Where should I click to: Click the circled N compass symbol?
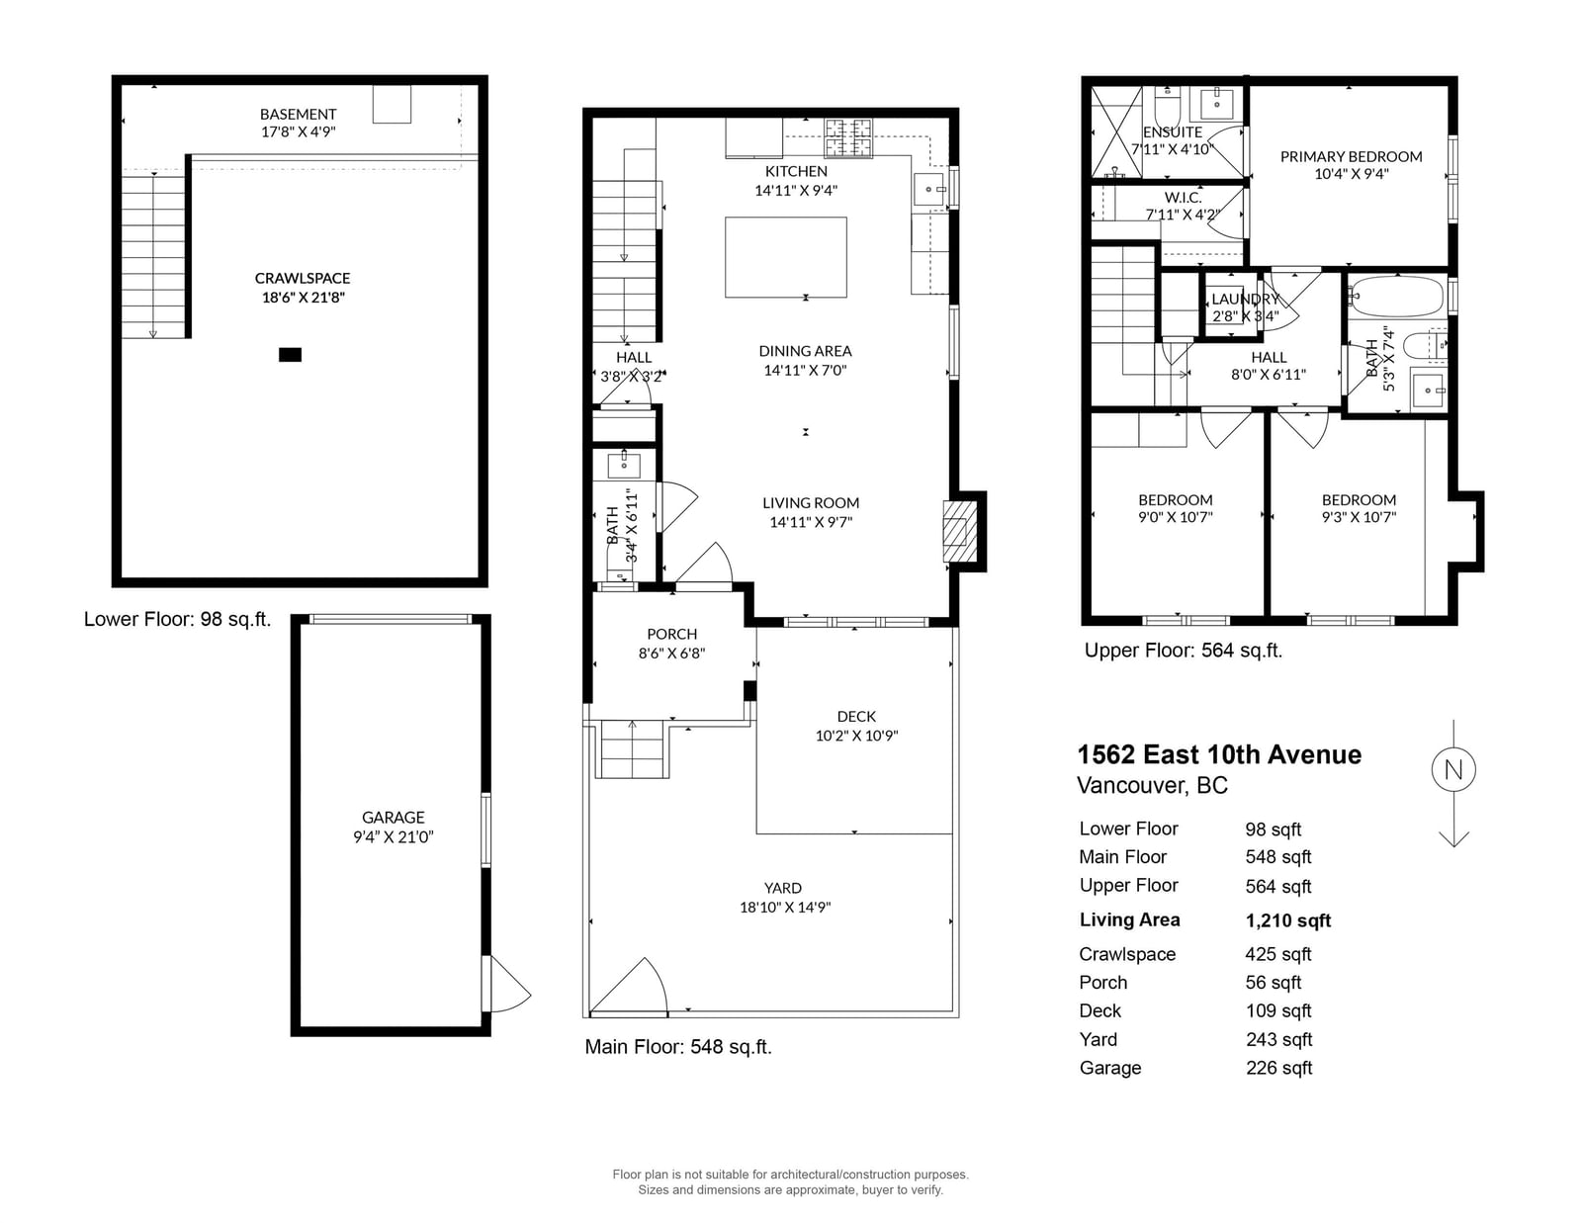1453,769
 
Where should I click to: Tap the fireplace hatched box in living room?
959,531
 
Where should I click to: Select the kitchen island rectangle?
785,257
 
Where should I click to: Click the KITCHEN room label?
796,171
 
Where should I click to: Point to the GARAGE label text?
394,818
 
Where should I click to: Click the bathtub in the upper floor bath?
1396,297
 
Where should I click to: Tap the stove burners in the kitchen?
848,137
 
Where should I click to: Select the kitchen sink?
930,190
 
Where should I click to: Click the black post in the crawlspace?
291,355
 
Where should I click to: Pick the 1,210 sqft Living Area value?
1288,920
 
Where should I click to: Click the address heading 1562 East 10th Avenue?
1219,755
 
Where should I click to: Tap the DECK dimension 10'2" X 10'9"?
856,736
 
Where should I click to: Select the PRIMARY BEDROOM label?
1352,156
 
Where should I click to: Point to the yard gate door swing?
628,986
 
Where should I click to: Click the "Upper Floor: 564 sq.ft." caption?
1184,651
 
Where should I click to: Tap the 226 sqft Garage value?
1278,1068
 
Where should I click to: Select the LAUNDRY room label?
1245,300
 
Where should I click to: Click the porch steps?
634,749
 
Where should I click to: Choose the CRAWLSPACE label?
303,278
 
